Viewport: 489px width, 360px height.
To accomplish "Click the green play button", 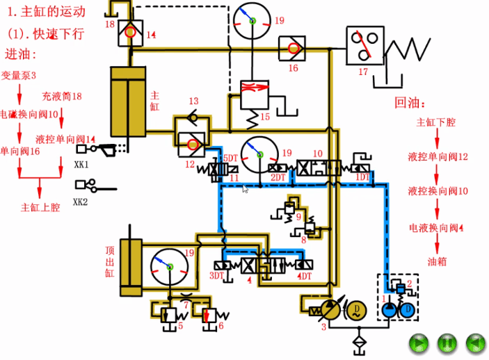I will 418,342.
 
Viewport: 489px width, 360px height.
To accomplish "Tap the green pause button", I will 447,342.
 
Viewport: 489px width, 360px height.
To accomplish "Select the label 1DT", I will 363,177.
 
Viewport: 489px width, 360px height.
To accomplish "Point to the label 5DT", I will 230,159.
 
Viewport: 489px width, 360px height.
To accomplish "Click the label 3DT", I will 216,276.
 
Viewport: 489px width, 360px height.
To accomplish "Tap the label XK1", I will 81,165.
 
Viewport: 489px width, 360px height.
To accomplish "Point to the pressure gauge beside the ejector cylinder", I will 170,266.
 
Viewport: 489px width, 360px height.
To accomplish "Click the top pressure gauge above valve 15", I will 252,22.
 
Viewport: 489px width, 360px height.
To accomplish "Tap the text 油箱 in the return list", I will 437,262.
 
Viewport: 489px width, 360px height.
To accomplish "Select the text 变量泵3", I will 19,74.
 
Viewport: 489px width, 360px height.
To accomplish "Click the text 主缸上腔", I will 40,206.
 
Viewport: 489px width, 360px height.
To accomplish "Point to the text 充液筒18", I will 62,96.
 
